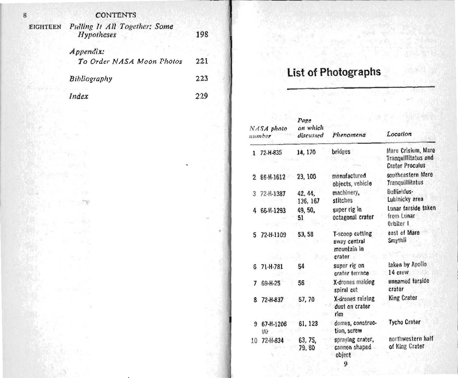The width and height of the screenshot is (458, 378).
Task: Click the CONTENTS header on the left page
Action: (x=116, y=15)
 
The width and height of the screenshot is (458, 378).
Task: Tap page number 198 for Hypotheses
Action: (x=202, y=35)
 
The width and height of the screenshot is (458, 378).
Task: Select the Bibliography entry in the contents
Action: (x=91, y=79)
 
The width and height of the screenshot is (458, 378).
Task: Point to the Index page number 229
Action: (x=202, y=96)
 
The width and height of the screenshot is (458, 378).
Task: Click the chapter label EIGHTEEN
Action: (x=45, y=27)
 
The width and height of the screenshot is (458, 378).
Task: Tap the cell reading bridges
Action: (x=341, y=152)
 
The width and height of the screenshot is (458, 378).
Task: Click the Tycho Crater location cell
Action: (x=405, y=322)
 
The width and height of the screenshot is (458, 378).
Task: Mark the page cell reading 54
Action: (x=301, y=266)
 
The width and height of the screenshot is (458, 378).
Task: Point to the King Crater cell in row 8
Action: (x=403, y=298)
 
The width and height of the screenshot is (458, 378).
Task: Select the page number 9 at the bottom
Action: (x=346, y=364)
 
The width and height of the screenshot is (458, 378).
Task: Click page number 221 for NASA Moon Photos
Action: (x=202, y=61)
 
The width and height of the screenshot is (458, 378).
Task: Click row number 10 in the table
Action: (x=254, y=341)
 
